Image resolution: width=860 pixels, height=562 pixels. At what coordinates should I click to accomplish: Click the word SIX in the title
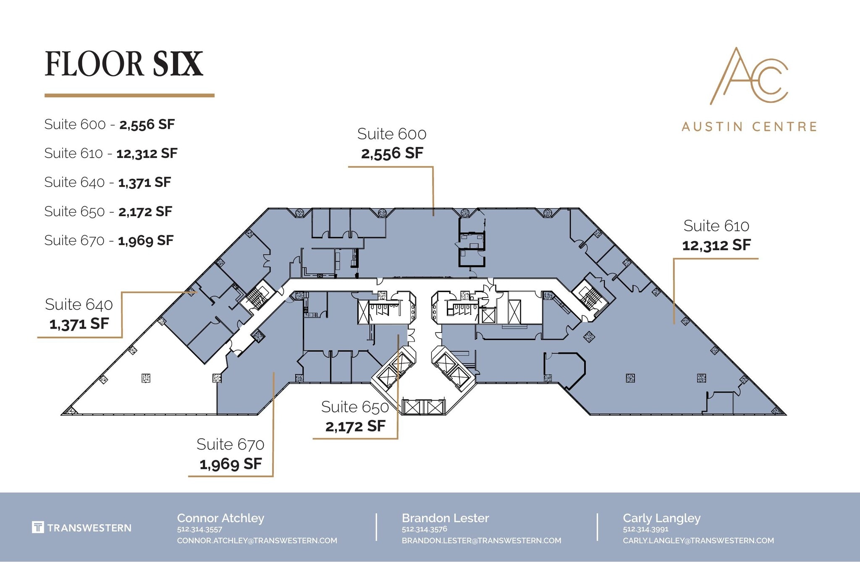click(178, 64)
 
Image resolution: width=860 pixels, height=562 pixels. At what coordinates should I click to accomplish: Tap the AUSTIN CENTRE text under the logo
click(749, 126)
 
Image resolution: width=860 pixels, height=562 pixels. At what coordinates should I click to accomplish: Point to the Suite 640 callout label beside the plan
click(79, 305)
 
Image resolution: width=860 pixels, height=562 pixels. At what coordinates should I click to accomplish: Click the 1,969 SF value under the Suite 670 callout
click(231, 464)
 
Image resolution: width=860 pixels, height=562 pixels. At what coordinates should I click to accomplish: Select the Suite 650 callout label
click(355, 407)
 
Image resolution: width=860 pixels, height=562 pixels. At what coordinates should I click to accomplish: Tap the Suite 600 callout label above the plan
click(391, 134)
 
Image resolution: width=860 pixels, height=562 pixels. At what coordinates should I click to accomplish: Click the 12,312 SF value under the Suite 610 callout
click(716, 245)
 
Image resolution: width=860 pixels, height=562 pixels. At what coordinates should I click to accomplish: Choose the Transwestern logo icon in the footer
click(38, 527)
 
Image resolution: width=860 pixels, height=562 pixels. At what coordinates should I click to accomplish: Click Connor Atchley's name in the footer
click(220, 518)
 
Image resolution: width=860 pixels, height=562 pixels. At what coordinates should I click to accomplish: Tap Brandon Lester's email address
click(481, 541)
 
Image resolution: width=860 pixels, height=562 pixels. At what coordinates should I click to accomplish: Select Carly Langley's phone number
click(645, 529)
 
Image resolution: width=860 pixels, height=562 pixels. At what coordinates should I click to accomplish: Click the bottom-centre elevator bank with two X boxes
click(423, 407)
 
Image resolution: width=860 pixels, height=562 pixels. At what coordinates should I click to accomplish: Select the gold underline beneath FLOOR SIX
click(129, 96)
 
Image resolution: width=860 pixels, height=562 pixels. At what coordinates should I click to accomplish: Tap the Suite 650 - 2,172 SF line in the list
click(108, 212)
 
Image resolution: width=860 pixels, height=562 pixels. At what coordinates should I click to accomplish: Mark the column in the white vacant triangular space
click(146, 378)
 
